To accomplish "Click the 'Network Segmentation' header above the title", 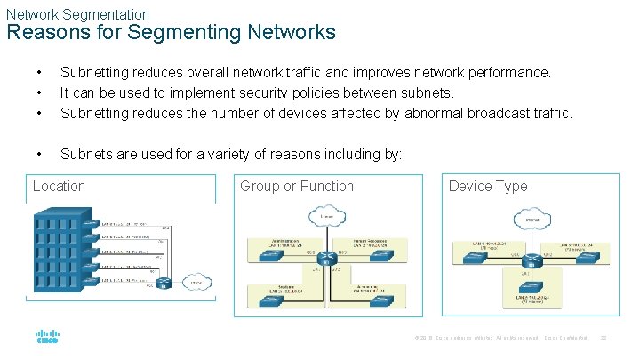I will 77,14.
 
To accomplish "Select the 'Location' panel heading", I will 59,186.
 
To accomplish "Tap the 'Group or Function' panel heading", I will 297,186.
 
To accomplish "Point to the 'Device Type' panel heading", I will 488,186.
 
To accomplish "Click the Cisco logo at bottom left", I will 47,338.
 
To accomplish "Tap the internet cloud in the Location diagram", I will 194,283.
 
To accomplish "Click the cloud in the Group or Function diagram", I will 328,215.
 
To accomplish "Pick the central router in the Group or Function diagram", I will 328,260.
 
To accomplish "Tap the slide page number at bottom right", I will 603,338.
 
